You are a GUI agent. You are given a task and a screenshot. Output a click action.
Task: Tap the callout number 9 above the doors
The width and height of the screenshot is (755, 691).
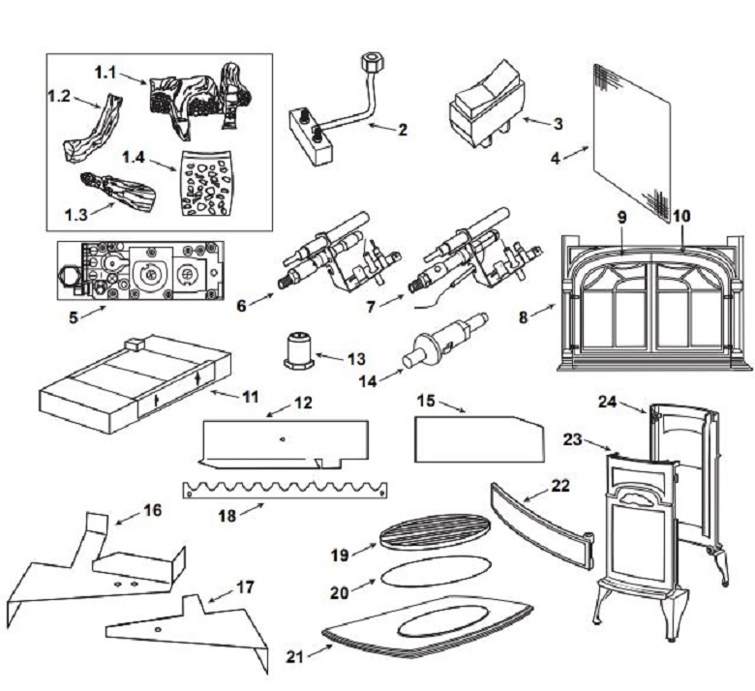coord(620,218)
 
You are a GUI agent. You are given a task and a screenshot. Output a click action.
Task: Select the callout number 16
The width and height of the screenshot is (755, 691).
coord(151,510)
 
